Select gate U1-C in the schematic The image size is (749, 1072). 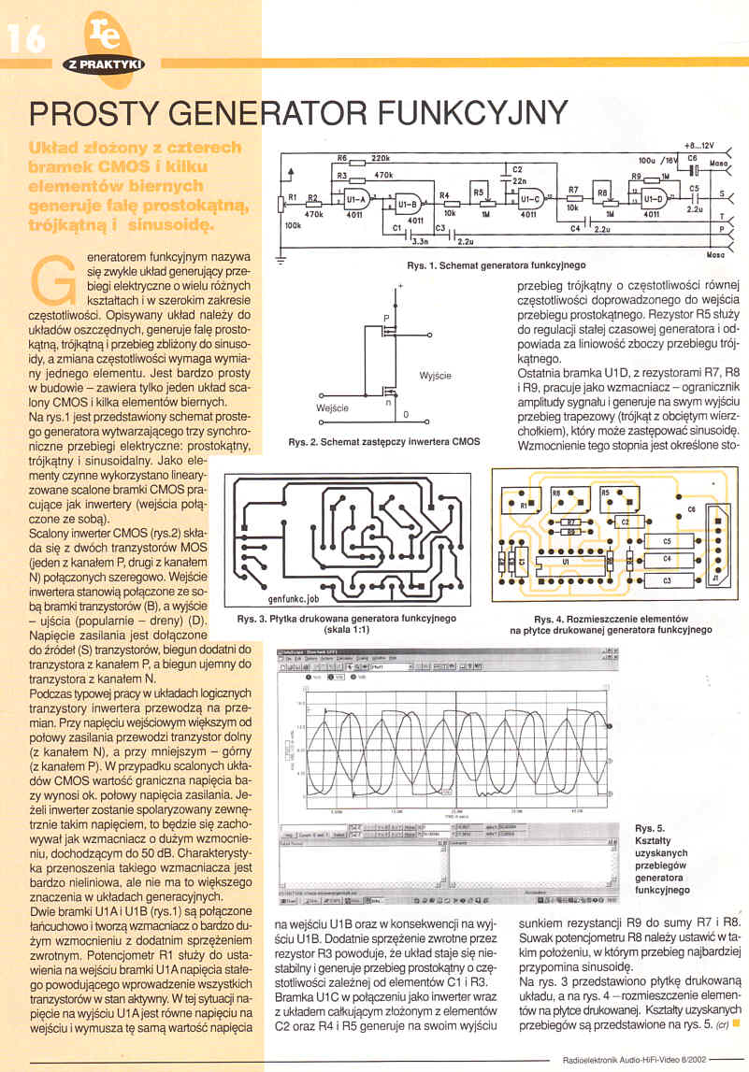(x=526, y=199)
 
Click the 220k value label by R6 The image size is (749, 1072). (x=380, y=159)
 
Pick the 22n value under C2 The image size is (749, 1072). (x=520, y=181)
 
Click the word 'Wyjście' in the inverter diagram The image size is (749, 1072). (x=436, y=376)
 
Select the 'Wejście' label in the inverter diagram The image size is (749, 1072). (x=333, y=408)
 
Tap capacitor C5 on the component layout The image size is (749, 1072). (x=667, y=541)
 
